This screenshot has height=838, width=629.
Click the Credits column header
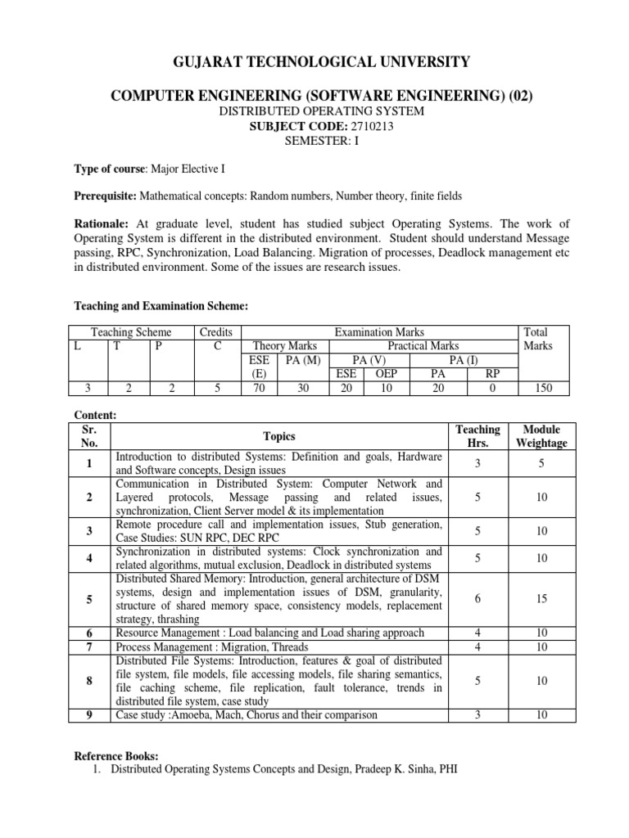216,331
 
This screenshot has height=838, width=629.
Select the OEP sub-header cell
380,373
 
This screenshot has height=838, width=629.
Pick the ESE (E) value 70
258,389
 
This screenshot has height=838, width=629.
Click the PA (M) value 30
302,389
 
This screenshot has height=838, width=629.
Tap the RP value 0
492,389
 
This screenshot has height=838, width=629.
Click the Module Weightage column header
541,436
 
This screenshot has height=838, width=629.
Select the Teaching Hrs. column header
477,436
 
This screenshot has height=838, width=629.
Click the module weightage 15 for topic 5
541,599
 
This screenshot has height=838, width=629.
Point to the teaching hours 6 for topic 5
477,599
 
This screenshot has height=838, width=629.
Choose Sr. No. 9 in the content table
88,714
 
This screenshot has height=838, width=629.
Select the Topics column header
278,437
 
